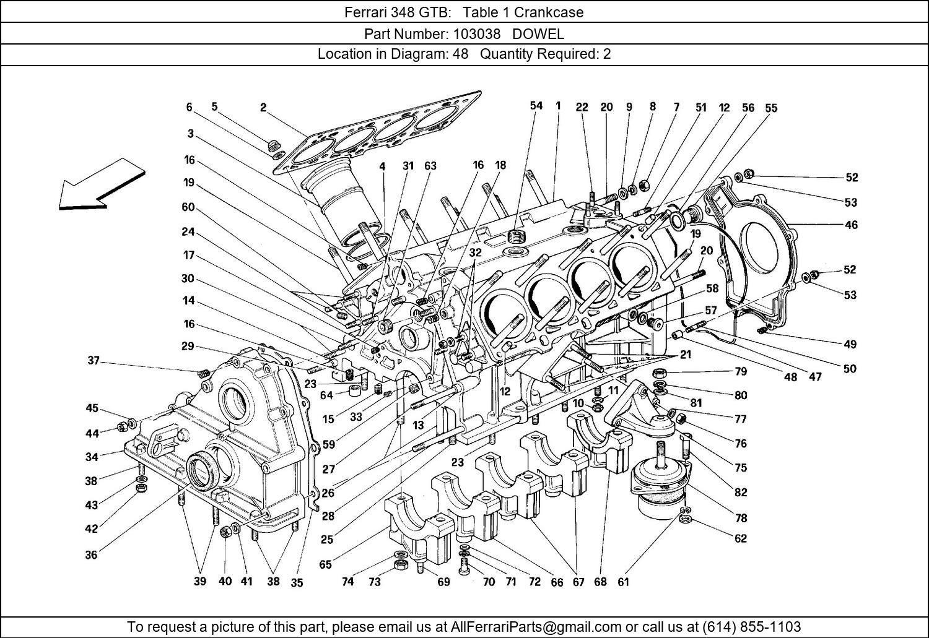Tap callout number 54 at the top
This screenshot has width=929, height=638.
tap(536, 106)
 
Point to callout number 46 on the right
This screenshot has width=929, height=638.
tap(851, 225)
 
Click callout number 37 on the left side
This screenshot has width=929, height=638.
tap(93, 360)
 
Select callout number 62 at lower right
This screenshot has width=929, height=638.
tap(740, 538)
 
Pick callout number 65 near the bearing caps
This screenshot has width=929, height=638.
tap(325, 564)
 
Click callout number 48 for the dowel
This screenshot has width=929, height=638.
tap(790, 376)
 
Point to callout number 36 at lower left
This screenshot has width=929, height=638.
tap(91, 555)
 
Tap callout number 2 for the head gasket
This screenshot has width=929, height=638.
tap(263, 108)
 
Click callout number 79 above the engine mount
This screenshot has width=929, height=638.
tap(740, 371)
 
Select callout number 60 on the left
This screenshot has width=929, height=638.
tap(188, 207)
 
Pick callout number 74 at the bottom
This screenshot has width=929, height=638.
tap(347, 582)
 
